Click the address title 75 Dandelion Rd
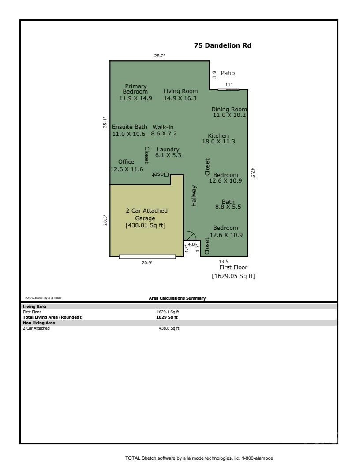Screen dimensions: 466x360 click(223, 45)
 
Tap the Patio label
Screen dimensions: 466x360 click(228, 73)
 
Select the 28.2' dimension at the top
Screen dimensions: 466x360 click(160, 56)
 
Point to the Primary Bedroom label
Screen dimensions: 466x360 click(135, 89)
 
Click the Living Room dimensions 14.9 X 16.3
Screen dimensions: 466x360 click(180, 98)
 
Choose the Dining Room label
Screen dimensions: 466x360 click(229, 109)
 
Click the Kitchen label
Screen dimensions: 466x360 click(218, 135)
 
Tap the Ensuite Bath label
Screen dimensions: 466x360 click(130, 127)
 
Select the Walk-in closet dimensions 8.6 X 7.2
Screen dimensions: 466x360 click(164, 133)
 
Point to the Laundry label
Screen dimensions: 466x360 click(168, 149)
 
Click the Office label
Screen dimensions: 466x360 click(126, 162)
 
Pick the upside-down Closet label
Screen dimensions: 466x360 click(161, 174)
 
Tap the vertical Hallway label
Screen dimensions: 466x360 click(194, 195)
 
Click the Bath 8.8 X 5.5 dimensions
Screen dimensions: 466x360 click(228, 207)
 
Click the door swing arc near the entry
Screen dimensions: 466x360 click(191, 235)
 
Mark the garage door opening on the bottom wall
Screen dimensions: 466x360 click(147, 256)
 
